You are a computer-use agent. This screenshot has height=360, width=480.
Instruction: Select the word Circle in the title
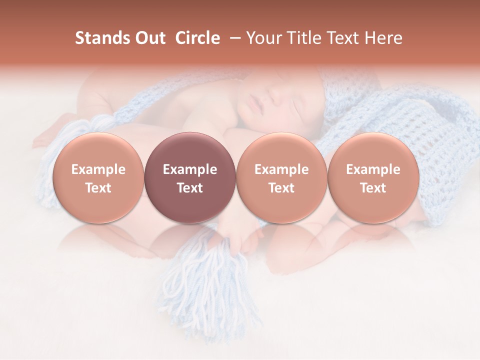pos(197,38)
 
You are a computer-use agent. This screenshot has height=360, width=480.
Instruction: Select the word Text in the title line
pos(342,38)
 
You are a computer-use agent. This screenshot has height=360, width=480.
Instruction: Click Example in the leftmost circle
pos(98,169)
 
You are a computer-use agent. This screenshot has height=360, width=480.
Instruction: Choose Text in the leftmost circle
pos(98,188)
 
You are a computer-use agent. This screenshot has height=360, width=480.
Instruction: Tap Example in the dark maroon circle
pos(190,169)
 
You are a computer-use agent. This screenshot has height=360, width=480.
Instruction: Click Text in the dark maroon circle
pos(190,188)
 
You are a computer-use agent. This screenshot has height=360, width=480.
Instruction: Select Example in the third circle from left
pos(281,169)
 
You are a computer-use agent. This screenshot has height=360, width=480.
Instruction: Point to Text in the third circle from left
pos(281,188)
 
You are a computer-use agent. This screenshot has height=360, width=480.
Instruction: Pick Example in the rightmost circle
pos(373,169)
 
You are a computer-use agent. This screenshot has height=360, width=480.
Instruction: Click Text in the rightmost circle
pos(373,188)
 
